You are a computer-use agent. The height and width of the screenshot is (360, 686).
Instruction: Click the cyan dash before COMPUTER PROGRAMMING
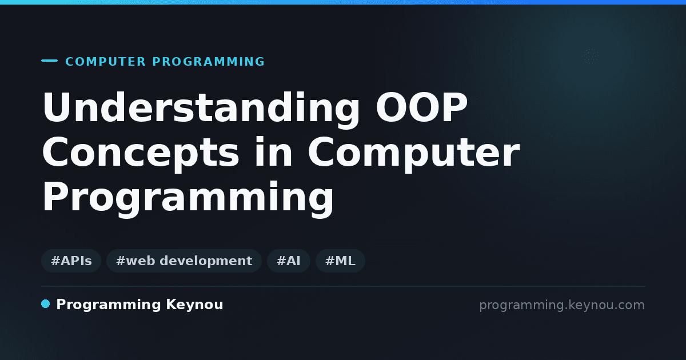(49, 61)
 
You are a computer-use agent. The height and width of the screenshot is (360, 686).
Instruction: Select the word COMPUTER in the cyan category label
(105, 62)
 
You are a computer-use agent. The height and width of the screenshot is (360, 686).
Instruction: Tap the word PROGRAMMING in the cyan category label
(208, 62)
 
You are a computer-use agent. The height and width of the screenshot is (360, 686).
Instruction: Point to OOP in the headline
(422, 107)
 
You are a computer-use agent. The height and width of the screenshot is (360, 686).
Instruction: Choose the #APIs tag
(71, 261)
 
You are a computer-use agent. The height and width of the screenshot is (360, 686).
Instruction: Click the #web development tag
(184, 261)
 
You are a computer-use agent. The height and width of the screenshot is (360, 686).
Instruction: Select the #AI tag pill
(289, 261)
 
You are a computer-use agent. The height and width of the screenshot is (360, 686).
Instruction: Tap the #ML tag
(340, 261)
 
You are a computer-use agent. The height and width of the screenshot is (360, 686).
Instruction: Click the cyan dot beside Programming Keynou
(45, 304)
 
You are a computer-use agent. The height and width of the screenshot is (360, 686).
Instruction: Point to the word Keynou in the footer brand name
(194, 305)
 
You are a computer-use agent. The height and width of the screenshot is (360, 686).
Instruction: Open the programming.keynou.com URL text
(562, 305)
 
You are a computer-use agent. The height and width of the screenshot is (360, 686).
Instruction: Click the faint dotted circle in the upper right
(590, 57)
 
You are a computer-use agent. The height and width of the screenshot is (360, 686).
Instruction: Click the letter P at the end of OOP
(454, 107)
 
